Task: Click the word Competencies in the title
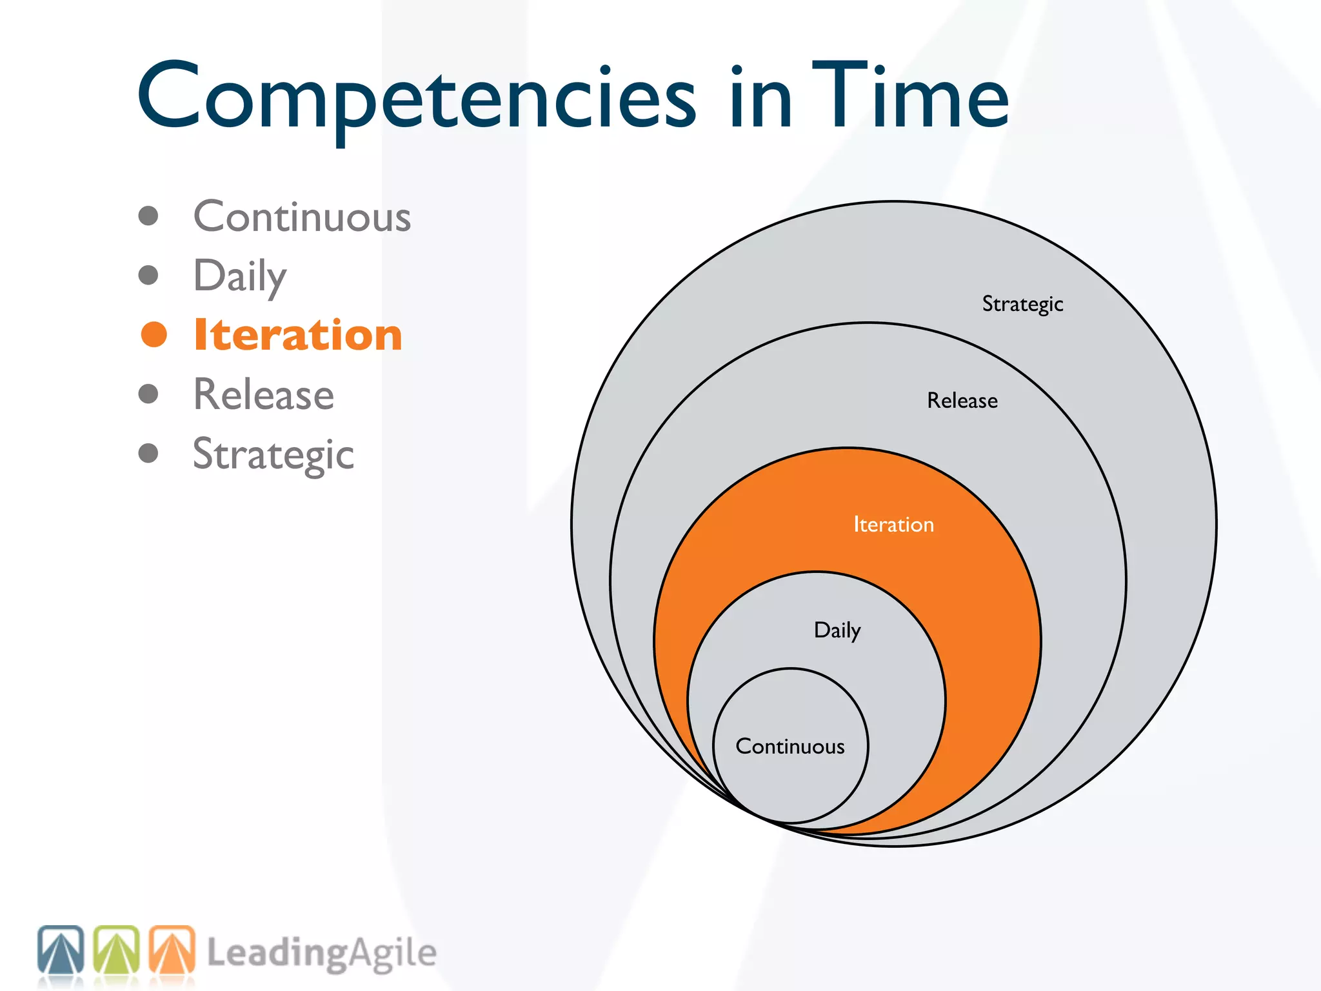[x=416, y=97]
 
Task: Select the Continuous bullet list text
[x=302, y=217]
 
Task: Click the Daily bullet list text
[x=240, y=276]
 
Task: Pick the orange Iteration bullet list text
[x=298, y=335]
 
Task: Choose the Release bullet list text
[x=264, y=394]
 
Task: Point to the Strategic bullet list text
[x=273, y=454]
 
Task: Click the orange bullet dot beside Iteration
[x=154, y=334]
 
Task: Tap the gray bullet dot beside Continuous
[x=148, y=215]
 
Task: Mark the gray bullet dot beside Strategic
[x=148, y=453]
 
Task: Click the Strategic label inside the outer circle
[x=1022, y=304]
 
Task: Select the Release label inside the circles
[x=962, y=401]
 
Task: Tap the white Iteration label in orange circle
[x=893, y=525]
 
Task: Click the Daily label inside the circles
[x=837, y=630]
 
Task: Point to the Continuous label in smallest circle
[x=790, y=746]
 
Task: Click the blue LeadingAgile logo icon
[x=61, y=950]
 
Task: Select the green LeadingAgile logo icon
[x=117, y=950]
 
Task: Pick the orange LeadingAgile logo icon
[x=172, y=950]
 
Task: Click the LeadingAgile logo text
[x=321, y=954]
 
